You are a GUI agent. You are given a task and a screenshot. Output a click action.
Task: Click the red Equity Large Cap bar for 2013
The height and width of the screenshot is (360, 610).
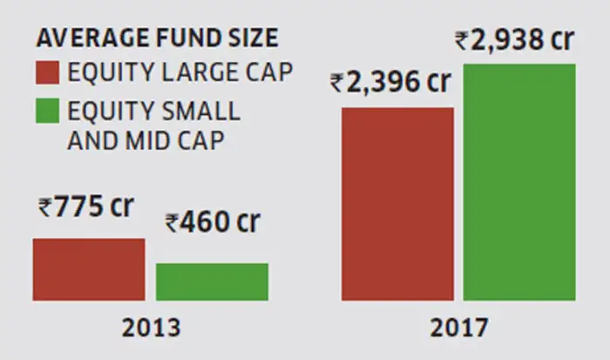tap(89, 269)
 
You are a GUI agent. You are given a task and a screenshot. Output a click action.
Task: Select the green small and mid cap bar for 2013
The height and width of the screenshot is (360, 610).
tap(212, 282)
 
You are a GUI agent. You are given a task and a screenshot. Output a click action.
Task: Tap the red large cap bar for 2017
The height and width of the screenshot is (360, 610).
tap(397, 204)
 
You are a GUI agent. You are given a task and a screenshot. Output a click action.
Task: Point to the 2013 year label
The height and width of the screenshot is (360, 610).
tap(151, 328)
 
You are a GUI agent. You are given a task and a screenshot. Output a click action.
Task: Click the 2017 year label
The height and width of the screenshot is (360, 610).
tap(458, 328)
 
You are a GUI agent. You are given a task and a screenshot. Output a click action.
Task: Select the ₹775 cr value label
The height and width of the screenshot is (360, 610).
tap(85, 208)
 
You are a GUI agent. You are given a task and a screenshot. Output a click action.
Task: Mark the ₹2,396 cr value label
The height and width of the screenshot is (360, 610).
tap(392, 84)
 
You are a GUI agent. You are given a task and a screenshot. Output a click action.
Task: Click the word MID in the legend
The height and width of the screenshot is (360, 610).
tap(151, 140)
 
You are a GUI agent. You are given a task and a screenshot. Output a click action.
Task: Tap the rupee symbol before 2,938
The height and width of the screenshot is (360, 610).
tap(464, 40)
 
